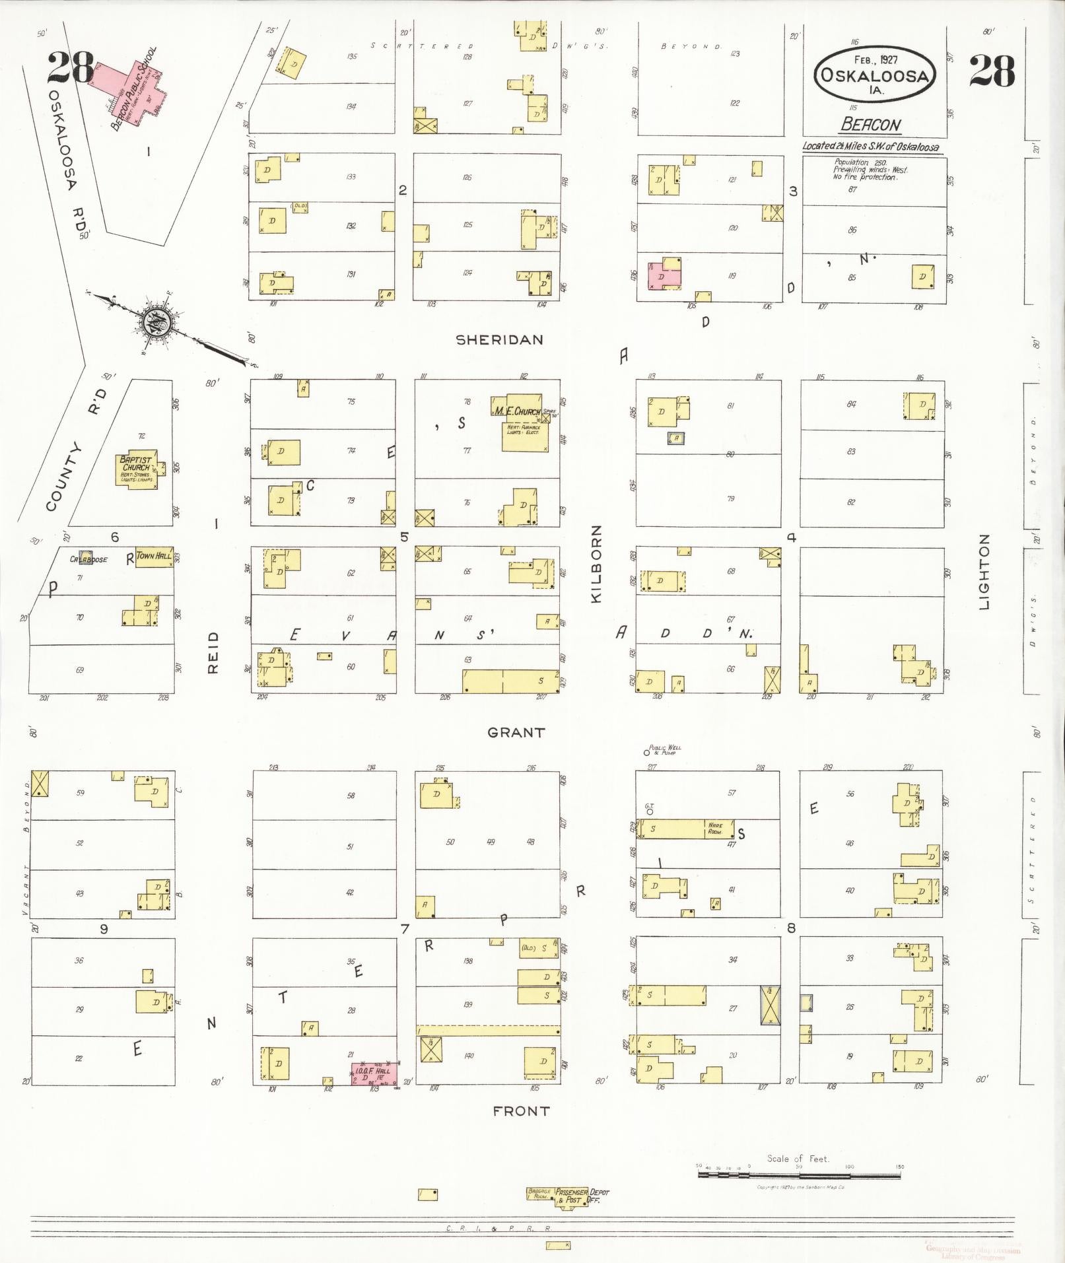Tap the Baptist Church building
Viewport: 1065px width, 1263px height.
137,469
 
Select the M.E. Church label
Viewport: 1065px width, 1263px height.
517,411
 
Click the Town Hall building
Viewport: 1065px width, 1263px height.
154,556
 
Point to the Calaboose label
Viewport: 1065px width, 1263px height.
89,559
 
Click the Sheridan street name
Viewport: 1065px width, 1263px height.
500,340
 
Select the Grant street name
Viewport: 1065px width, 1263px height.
516,732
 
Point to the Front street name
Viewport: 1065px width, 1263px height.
521,1111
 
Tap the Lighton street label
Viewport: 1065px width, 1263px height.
985,572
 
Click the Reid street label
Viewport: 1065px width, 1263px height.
213,652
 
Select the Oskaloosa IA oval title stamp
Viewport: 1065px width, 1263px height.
874,74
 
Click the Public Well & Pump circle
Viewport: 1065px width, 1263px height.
646,752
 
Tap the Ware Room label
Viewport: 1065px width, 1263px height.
715,827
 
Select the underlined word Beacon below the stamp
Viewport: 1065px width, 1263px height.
871,125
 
